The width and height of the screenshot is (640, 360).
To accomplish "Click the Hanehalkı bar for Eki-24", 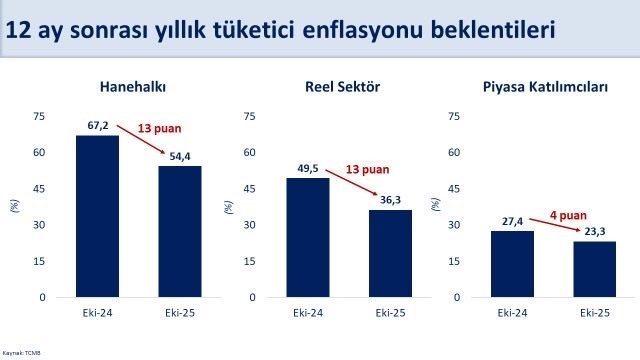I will tap(97, 216).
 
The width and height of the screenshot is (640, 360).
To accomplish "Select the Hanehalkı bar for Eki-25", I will tap(180, 231).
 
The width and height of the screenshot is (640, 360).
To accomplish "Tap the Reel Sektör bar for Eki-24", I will tap(307, 237).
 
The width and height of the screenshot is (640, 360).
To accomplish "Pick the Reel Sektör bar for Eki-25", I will tap(390, 253).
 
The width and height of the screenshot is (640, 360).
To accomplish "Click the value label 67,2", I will tap(97, 127).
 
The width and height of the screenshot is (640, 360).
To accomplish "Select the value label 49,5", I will tap(307, 170).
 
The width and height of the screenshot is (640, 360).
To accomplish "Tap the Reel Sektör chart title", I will tap(346, 87).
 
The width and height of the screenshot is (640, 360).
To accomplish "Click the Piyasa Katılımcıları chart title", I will tap(553, 87).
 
